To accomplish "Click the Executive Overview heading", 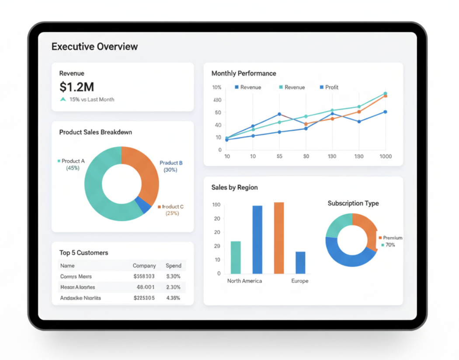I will [x=94, y=47].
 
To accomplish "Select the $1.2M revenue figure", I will [x=76, y=87].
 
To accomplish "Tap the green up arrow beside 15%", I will [x=63, y=100].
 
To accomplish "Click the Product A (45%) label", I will [x=73, y=164].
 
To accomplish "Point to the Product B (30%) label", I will [x=171, y=166].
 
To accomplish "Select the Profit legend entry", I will [x=329, y=87].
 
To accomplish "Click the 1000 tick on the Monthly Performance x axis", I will [x=385, y=156].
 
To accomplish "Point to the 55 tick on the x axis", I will [x=279, y=156].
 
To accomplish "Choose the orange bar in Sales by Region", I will [x=279, y=238].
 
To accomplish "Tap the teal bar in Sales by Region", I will [x=236, y=257].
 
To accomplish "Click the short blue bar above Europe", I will [x=300, y=263].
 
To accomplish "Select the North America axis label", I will [x=244, y=281].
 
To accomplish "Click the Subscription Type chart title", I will [x=353, y=203].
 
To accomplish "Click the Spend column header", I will [x=174, y=266].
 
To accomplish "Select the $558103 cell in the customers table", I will [x=144, y=277].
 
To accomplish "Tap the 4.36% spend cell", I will [x=173, y=298].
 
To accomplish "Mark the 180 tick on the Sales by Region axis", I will [x=216, y=205].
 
